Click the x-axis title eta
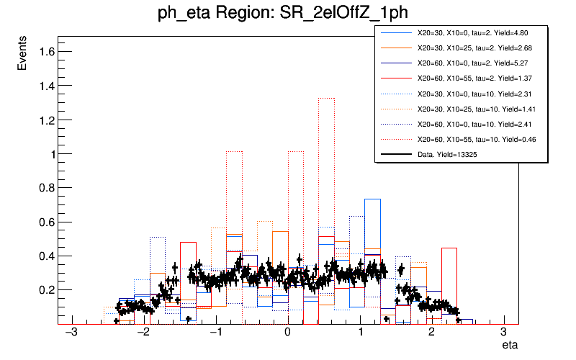510,346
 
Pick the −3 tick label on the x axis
71,333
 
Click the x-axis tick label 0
288,333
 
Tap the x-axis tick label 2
431,333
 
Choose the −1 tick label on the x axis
215,333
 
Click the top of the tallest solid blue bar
372,199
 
